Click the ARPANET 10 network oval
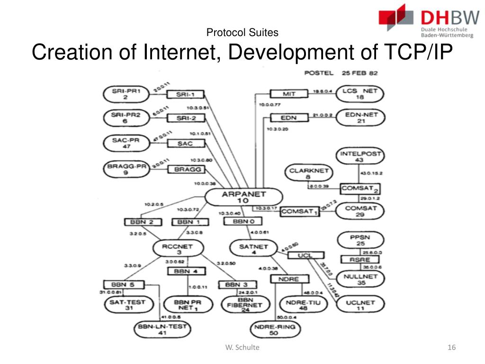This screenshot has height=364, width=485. click(243, 197)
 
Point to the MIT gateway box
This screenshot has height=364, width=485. click(289, 94)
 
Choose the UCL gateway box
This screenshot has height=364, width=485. click(305, 256)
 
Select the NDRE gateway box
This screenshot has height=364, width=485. click(288, 279)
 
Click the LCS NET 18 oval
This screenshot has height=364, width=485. click(359, 94)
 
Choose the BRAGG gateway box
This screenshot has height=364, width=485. click(188, 170)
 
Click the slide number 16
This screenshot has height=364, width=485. click(451, 348)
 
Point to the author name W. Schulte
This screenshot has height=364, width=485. click(242, 348)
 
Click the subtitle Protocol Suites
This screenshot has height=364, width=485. click(242, 33)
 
